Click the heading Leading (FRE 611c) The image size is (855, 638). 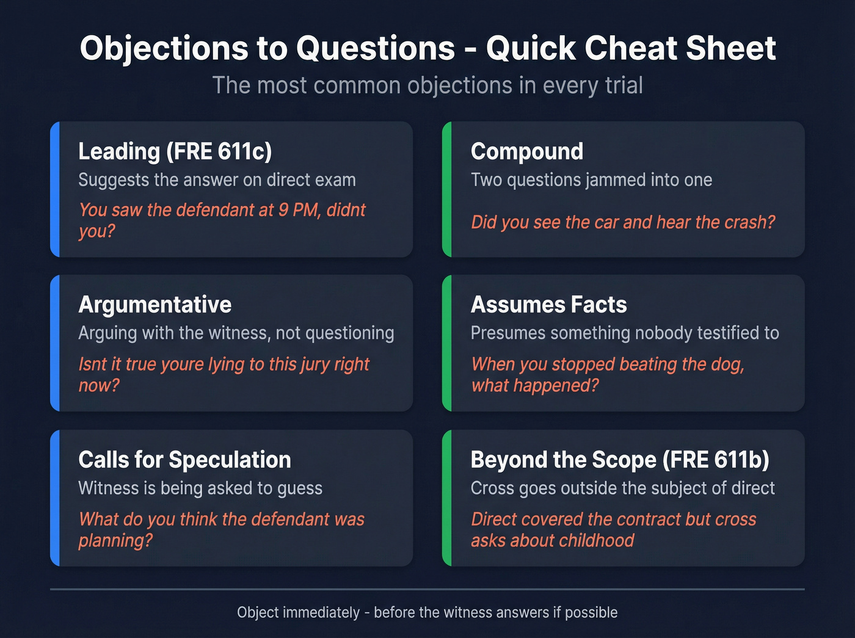175,151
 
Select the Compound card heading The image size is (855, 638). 526,151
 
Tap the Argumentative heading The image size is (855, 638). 155,305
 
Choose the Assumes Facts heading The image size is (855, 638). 548,305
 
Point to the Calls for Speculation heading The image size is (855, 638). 184,460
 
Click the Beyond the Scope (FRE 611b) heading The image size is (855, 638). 619,460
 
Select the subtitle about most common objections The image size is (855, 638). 428,85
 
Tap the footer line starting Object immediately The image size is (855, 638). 427,612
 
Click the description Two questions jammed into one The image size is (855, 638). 591,180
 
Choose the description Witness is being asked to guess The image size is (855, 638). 200,488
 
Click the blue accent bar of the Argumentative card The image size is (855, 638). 55,343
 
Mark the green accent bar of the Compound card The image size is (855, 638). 447,189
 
